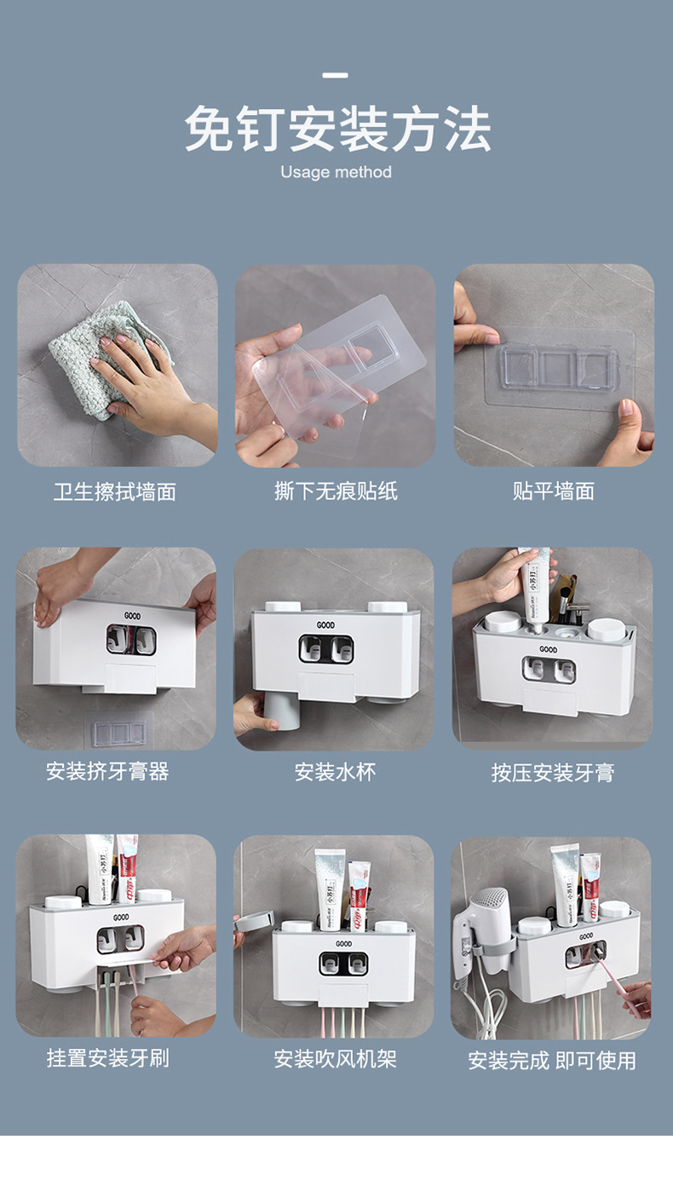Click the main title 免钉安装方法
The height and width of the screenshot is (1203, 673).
pos(336,129)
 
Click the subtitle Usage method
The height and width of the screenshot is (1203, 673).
pos(336,172)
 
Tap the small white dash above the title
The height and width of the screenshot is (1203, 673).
pos(336,76)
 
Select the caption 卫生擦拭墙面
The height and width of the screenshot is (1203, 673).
pos(115,492)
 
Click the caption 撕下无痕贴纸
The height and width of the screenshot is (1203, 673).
pos(336,492)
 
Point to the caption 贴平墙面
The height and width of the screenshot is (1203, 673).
pos(554,492)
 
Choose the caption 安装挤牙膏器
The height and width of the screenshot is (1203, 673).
pos(108,772)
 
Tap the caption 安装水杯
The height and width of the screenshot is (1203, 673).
pos(335,772)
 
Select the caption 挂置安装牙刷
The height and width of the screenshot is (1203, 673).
pos(108,1058)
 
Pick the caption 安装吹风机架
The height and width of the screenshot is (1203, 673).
pos(335,1059)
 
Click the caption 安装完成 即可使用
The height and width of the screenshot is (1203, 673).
pos(552,1061)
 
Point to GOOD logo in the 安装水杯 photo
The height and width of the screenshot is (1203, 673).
pos(325,625)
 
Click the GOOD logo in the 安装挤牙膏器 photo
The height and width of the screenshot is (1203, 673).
pos(132,615)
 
